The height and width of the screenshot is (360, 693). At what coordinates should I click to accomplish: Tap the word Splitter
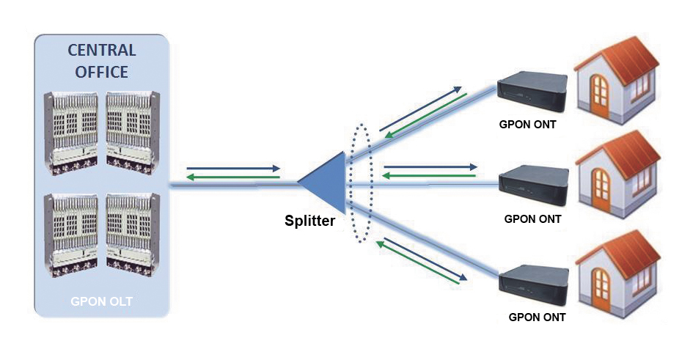pos(309,220)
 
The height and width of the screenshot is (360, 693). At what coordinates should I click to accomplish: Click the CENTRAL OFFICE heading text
pos(102,61)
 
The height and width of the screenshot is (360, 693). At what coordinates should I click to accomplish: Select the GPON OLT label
pos(101,301)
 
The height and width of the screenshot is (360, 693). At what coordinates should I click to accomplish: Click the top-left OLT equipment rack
pos(73,132)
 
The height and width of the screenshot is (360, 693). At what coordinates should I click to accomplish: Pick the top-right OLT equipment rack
pos(132,132)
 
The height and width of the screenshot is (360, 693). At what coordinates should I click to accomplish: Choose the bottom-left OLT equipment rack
pos(73,233)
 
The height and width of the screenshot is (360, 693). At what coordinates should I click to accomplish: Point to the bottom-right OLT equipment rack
pos(132,233)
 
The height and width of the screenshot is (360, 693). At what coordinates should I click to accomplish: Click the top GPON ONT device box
pos(532,91)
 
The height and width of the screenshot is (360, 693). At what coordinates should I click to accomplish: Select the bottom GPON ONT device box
pos(533,286)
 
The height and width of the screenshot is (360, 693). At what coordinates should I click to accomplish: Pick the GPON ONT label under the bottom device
pos(537,317)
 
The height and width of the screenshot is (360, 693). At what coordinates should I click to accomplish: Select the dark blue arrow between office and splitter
pos(233,168)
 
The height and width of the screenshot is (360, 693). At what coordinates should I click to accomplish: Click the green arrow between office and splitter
pos(233,177)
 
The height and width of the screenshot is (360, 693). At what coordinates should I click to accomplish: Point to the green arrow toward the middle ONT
pos(430,176)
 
